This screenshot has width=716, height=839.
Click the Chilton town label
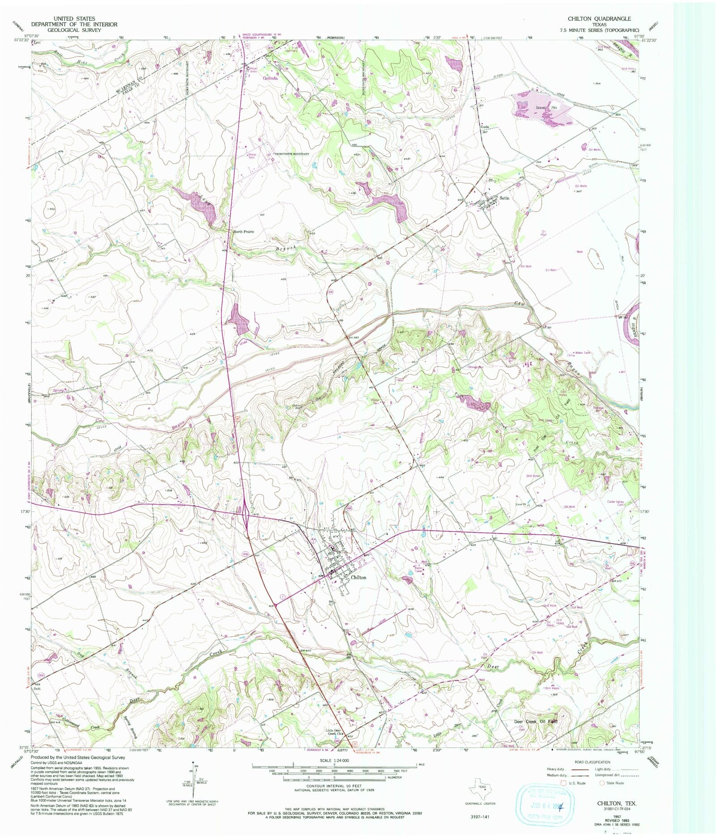point(358,578)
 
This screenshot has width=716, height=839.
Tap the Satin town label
point(505,198)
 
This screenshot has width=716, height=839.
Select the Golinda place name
point(270,78)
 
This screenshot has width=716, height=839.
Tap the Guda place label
point(484,127)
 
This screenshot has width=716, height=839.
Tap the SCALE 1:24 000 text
point(334,760)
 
